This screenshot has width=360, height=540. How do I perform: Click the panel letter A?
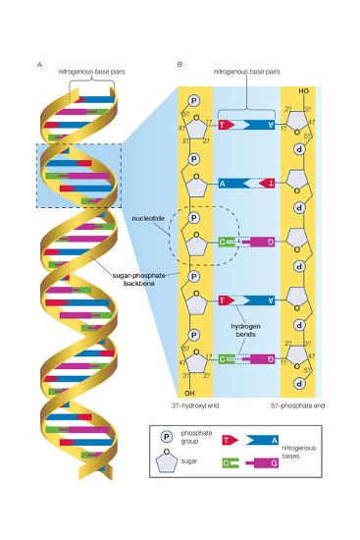point(38,64)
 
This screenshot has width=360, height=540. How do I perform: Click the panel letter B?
point(179,64)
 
